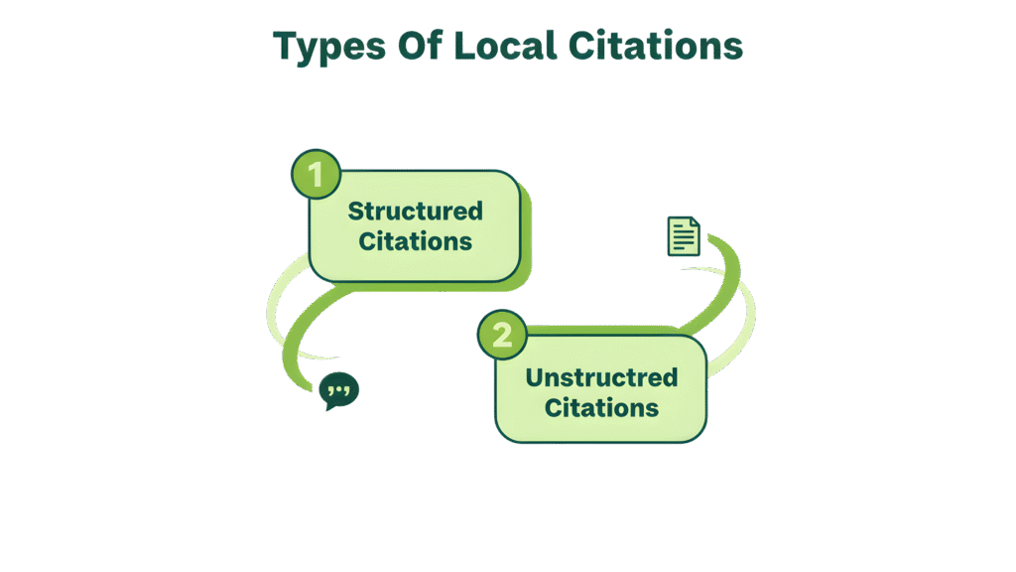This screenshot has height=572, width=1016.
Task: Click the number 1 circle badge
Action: (x=316, y=176)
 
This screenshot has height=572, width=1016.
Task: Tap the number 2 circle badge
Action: (x=502, y=334)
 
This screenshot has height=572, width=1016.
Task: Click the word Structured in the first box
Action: (x=415, y=211)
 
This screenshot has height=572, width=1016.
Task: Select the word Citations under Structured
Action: (x=415, y=240)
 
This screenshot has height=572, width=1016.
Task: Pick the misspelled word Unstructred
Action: (x=601, y=377)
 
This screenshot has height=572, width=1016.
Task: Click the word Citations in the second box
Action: (x=601, y=407)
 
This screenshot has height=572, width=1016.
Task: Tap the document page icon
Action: (x=684, y=236)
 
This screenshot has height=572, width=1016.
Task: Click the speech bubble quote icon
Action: (x=340, y=390)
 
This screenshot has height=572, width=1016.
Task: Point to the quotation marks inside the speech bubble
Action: (x=340, y=388)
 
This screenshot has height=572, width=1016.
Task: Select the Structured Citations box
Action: (x=415, y=225)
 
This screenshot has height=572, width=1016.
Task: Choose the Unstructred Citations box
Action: (x=601, y=389)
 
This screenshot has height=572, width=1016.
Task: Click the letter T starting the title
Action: (x=285, y=47)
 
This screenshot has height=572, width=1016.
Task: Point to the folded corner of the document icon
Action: (x=695, y=222)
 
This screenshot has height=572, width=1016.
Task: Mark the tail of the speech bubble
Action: (x=331, y=406)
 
